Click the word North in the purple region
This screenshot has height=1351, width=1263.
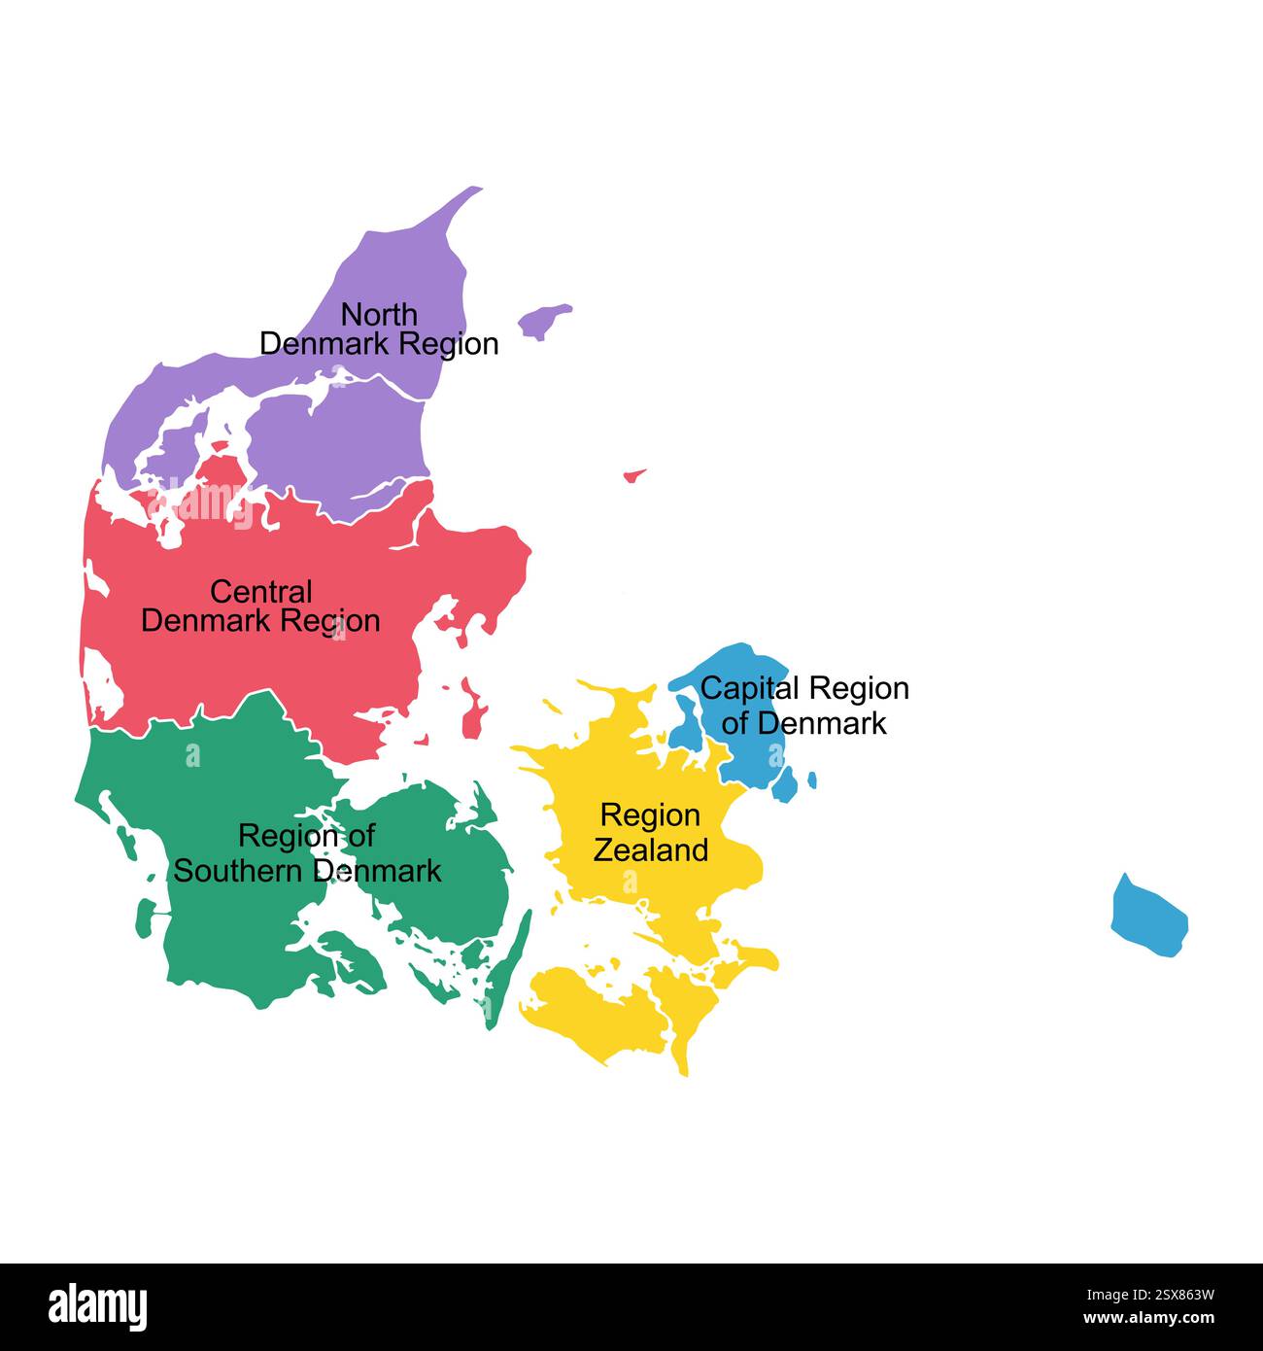point(379,315)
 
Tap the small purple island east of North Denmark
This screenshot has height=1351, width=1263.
point(543,320)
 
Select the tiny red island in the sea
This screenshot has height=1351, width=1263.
point(634,475)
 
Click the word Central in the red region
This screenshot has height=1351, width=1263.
point(260,592)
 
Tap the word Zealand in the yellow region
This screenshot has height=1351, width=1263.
point(650,850)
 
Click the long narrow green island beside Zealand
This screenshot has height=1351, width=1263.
point(511,962)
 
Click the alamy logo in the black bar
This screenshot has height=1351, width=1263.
point(98,1306)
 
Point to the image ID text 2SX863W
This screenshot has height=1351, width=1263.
point(1150,1295)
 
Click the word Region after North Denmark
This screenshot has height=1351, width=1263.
point(449,344)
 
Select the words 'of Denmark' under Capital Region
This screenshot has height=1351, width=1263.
point(803,723)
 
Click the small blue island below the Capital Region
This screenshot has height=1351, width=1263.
point(785,783)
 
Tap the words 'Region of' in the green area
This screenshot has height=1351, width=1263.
point(306,836)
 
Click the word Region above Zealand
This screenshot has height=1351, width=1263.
point(650,815)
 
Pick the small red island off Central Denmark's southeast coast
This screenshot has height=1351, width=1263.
point(475,714)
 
